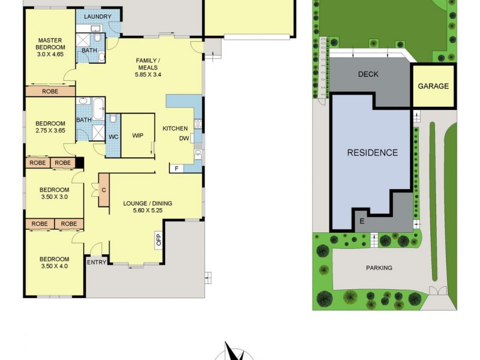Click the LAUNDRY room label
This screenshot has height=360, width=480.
pyautogui.click(x=97, y=16)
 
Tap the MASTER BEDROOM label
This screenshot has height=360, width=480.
pyautogui.click(x=50, y=44)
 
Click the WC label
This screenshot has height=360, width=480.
pyautogui.click(x=113, y=137)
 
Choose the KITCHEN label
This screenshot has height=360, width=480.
pyautogui.click(x=175, y=128)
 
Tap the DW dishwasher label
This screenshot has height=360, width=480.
pyautogui.click(x=184, y=139)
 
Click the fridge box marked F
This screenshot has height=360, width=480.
pyautogui.click(x=176, y=168)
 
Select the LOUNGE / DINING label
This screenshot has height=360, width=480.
pyautogui.click(x=148, y=203)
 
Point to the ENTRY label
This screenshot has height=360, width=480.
pyautogui.click(x=97, y=262)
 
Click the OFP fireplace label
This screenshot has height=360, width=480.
pyautogui.click(x=159, y=240)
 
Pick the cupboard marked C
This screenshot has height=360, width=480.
pyautogui.click(x=104, y=190)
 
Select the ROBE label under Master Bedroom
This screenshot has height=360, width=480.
pyautogui.click(x=50, y=92)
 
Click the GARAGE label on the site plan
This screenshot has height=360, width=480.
pyautogui.click(x=433, y=86)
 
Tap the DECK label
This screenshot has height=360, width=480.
pyautogui.click(x=368, y=74)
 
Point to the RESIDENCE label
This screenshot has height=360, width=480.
pyautogui.click(x=373, y=152)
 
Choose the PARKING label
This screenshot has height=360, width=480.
pyautogui.click(x=379, y=268)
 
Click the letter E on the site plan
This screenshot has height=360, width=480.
pyautogui.click(x=362, y=221)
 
